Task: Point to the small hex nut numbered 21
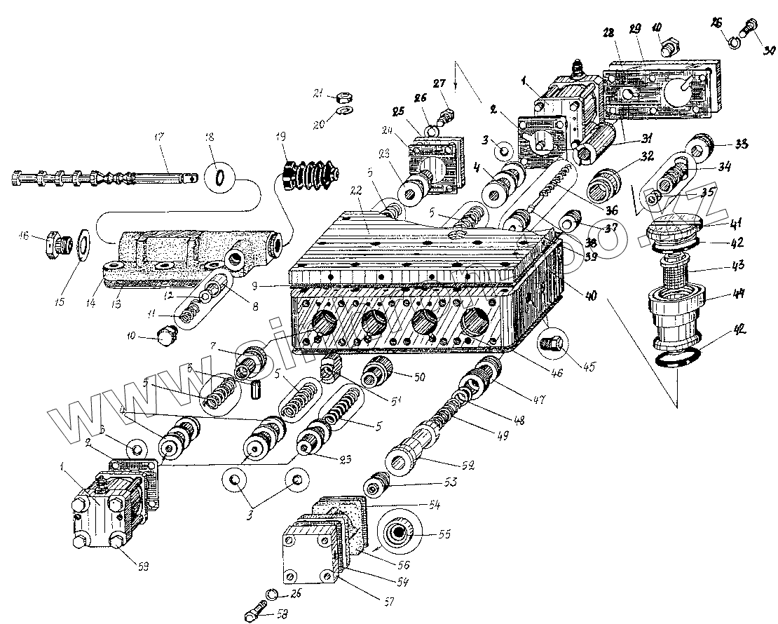coord(344,96)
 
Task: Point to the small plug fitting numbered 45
coord(552,344)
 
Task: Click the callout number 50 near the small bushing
coord(419,378)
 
